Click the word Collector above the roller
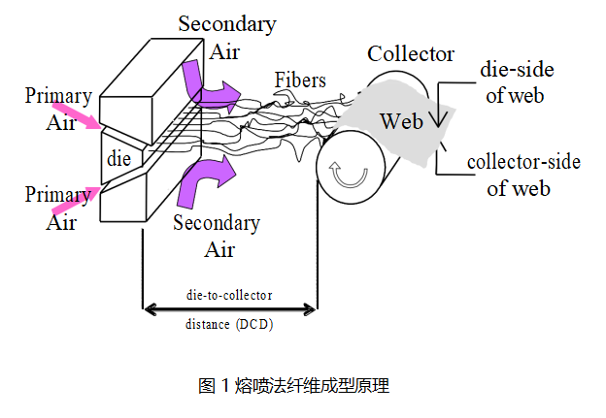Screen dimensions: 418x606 (x=411, y=53)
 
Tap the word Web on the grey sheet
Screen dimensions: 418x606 (x=401, y=121)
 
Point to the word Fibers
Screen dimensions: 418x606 (x=300, y=80)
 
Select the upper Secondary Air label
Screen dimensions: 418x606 (x=226, y=37)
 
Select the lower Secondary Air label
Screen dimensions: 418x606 (x=217, y=236)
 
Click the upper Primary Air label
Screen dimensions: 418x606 (x=58, y=109)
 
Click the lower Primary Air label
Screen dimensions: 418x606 (x=57, y=207)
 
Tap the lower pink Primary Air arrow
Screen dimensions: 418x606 (x=75, y=199)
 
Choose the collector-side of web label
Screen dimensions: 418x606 (x=523, y=175)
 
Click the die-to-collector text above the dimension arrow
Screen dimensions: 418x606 (x=229, y=294)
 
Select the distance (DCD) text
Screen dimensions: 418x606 (x=229, y=325)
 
